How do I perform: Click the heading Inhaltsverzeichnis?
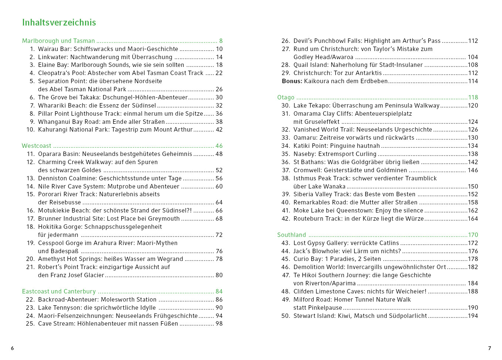pos(59,23)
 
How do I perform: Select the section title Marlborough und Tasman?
pos(58,41)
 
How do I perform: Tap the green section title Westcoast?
pos(37,146)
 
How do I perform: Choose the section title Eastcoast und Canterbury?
pos(59,292)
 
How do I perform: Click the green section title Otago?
pos(286,98)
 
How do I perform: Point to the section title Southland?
pos(292,235)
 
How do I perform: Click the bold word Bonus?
pos(292,81)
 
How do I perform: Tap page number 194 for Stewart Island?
pos(473,316)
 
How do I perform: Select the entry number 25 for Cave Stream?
pos(30,324)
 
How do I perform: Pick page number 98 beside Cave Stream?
pos(219,324)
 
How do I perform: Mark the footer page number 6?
pos(12,348)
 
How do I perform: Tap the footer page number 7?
pos(489,348)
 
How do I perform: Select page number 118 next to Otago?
pos(473,98)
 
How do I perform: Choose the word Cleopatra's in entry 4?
pos(54,73)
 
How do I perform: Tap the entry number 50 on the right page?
pos(286,316)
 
